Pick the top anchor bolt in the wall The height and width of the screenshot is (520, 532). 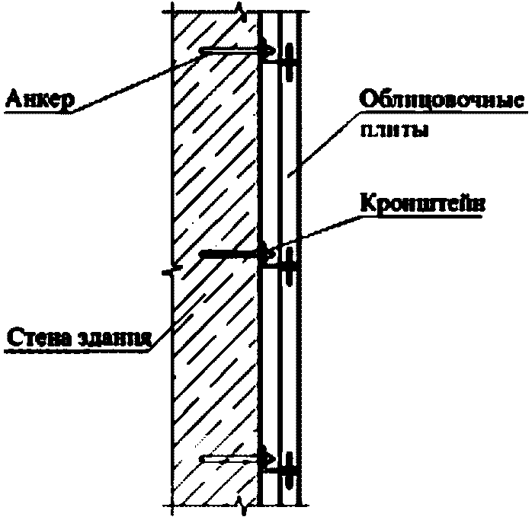[232, 52]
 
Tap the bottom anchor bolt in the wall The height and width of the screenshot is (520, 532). [232, 459]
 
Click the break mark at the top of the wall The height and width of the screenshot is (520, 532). [241, 9]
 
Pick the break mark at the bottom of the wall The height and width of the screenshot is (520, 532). [241, 502]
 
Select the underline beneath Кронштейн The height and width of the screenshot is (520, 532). [421, 216]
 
